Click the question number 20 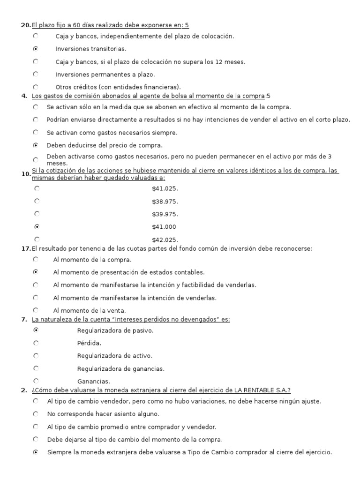pyautogui.click(x=26, y=25)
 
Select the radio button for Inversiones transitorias pyautogui.click(x=36, y=48)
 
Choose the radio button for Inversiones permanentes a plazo pyautogui.click(x=36, y=74)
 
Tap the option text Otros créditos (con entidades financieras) pyautogui.click(x=118, y=87)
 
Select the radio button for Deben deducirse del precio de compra pyautogui.click(x=36, y=145)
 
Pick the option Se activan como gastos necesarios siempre pyautogui.click(x=105, y=133)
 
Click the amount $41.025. pyautogui.click(x=165, y=188)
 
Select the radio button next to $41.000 pyautogui.click(x=37, y=226)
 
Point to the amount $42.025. pyautogui.click(x=165, y=240)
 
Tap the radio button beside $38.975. pyautogui.click(x=37, y=201)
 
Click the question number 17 pyautogui.click(x=26, y=248)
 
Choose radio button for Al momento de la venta pyautogui.click(x=36, y=309)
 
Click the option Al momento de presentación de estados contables pyautogui.click(x=129, y=272)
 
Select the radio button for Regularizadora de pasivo pyautogui.click(x=36, y=330)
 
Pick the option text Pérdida pyautogui.click(x=89, y=343)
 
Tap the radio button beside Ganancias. pyautogui.click(x=36, y=381)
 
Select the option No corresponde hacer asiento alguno pyautogui.click(x=103, y=414)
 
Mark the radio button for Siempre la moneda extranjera pyautogui.click(x=36, y=452)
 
